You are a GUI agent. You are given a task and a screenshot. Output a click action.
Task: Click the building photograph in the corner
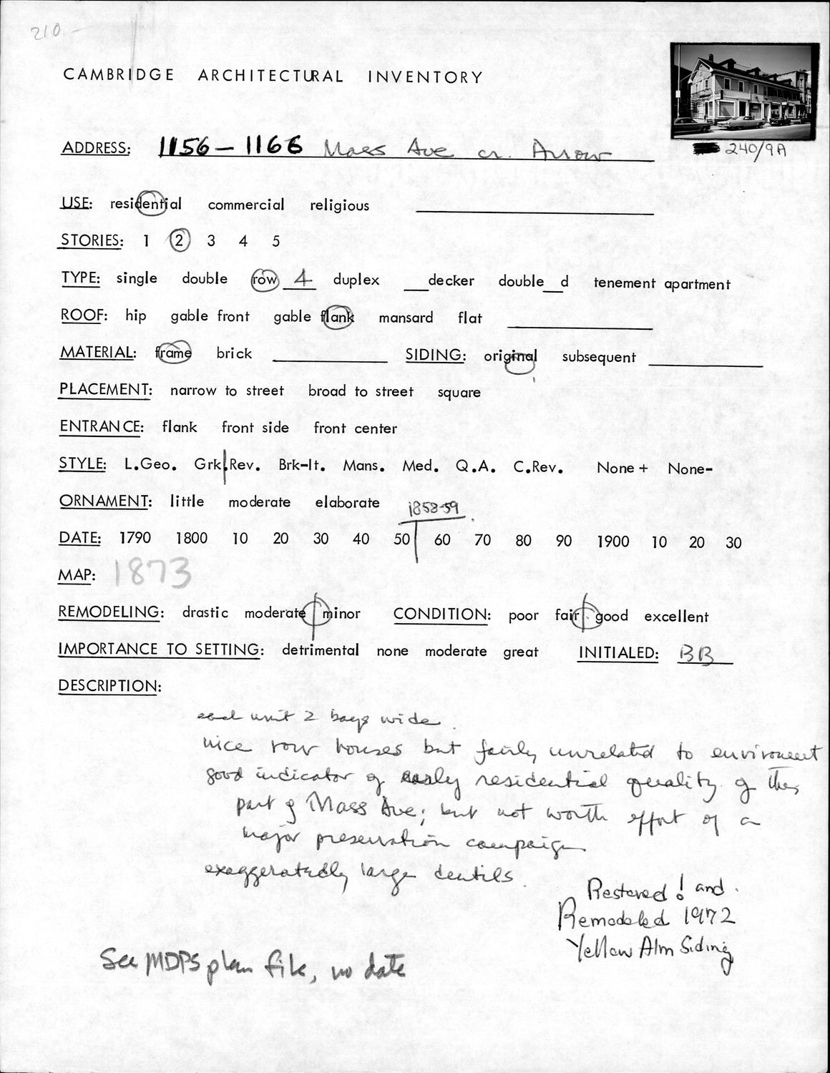point(745,91)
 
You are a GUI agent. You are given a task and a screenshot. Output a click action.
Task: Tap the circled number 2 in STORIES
point(179,240)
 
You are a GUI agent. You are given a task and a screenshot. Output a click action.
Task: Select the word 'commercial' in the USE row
point(245,205)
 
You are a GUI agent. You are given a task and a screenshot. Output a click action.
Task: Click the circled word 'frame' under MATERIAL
point(173,353)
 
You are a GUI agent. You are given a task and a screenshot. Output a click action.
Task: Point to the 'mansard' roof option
point(406,318)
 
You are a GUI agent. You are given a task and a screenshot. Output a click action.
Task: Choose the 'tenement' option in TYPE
point(624,283)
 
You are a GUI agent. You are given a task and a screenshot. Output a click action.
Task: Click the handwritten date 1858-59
point(433,509)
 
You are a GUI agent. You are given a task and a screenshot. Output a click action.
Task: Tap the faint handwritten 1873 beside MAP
point(152,573)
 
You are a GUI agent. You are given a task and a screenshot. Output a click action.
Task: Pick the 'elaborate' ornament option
point(347,502)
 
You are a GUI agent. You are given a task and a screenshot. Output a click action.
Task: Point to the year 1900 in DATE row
point(612,542)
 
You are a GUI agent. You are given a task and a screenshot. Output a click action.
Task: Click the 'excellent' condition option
point(675,617)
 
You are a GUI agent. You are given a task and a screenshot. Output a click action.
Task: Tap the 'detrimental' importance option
point(320,650)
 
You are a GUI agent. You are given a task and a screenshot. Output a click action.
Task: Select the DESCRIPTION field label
point(109,686)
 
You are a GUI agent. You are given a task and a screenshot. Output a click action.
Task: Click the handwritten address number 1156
point(184,147)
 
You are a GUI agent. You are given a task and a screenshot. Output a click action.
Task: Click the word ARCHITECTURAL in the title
point(270,76)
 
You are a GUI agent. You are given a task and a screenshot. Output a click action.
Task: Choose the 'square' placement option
point(459,393)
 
